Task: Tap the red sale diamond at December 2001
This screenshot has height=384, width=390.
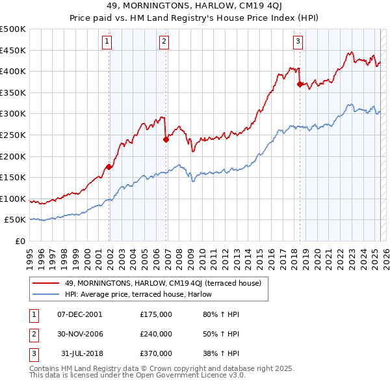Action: tap(109, 167)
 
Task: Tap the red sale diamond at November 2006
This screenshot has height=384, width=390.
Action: tap(166, 139)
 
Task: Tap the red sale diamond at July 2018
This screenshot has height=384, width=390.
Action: tap(300, 84)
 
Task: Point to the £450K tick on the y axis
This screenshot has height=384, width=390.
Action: tap(13, 50)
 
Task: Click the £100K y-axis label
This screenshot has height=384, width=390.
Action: tap(13, 199)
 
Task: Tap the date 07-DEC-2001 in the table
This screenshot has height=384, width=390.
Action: tap(80, 314)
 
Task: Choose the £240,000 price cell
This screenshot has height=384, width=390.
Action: tap(156, 334)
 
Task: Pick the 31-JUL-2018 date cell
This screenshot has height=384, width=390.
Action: tap(80, 353)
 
